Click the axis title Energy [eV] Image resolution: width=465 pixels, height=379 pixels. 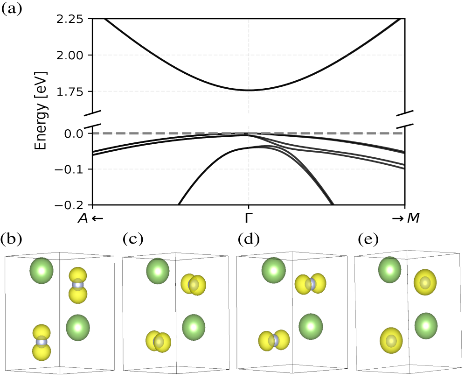click(x=41, y=111)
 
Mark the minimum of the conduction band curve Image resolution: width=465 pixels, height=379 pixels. click(x=249, y=90)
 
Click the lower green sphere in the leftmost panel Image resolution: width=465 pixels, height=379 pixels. click(x=78, y=327)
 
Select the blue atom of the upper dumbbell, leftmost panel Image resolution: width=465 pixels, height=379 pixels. click(x=78, y=285)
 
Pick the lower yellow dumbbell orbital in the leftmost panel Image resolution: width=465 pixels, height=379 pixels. click(x=42, y=342)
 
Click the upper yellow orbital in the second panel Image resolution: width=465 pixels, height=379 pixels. click(x=194, y=285)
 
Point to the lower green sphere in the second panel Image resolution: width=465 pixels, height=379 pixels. click(x=194, y=327)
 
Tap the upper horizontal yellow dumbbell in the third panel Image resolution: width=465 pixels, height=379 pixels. click(x=310, y=284)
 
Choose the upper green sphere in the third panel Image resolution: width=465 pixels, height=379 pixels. click(x=273, y=270)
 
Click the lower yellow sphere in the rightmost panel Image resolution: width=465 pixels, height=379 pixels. click(x=391, y=341)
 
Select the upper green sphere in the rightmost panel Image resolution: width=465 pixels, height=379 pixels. click(x=389, y=269)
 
